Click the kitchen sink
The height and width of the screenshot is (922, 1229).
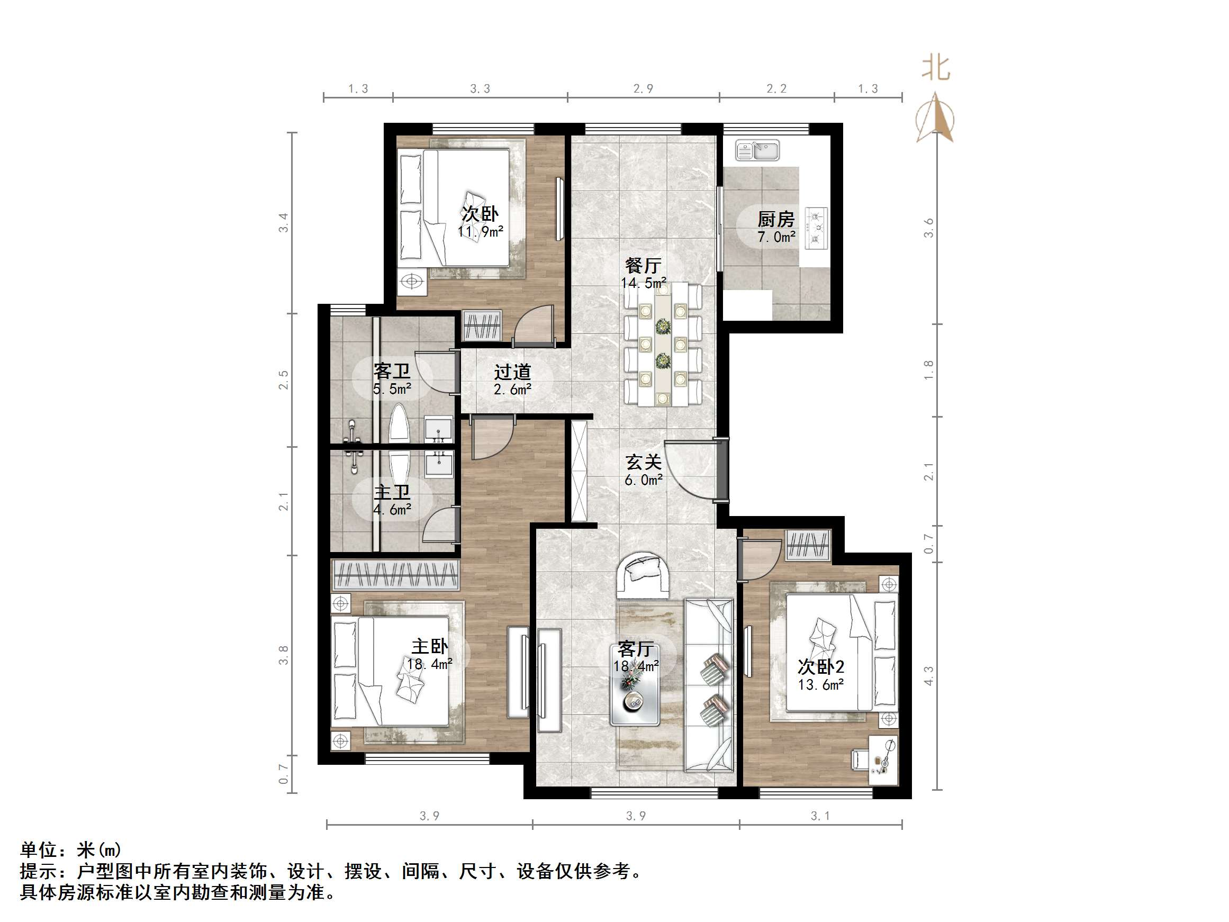[x=758, y=150]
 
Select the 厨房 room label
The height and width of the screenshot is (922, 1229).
[x=775, y=219]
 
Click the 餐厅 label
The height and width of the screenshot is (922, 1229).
[x=643, y=265]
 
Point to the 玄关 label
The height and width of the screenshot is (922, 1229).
[x=644, y=462]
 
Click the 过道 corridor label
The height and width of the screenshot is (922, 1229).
[x=512, y=372]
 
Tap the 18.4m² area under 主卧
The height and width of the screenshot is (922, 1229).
[x=429, y=664]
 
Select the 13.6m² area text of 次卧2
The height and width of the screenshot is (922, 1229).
[x=820, y=685]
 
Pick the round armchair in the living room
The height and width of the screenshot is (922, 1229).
[x=644, y=575]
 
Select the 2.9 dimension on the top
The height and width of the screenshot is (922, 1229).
[x=643, y=88]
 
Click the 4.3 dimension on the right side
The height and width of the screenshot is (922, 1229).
[x=928, y=675]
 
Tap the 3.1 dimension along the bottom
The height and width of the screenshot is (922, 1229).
[x=820, y=816]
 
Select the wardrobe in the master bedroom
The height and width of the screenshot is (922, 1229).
[x=395, y=574]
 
